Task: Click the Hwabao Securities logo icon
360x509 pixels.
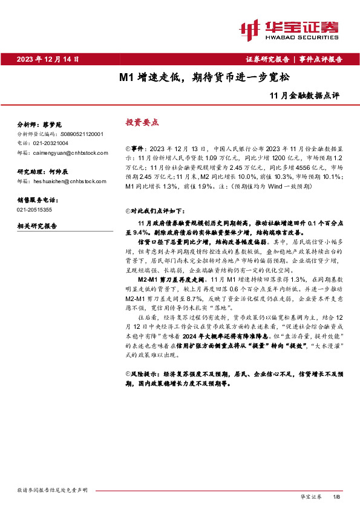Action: (x=251, y=28)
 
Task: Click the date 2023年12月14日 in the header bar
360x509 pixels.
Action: (x=49, y=59)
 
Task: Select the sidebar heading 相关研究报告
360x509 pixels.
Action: (x=37, y=226)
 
